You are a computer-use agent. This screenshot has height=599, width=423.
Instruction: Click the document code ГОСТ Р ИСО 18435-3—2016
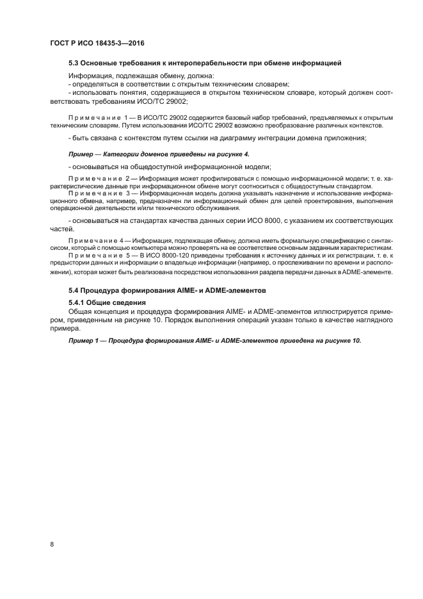click(96, 43)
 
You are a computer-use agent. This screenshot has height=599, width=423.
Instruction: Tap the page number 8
click(51, 545)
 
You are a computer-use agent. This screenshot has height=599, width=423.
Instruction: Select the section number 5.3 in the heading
click(74, 63)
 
